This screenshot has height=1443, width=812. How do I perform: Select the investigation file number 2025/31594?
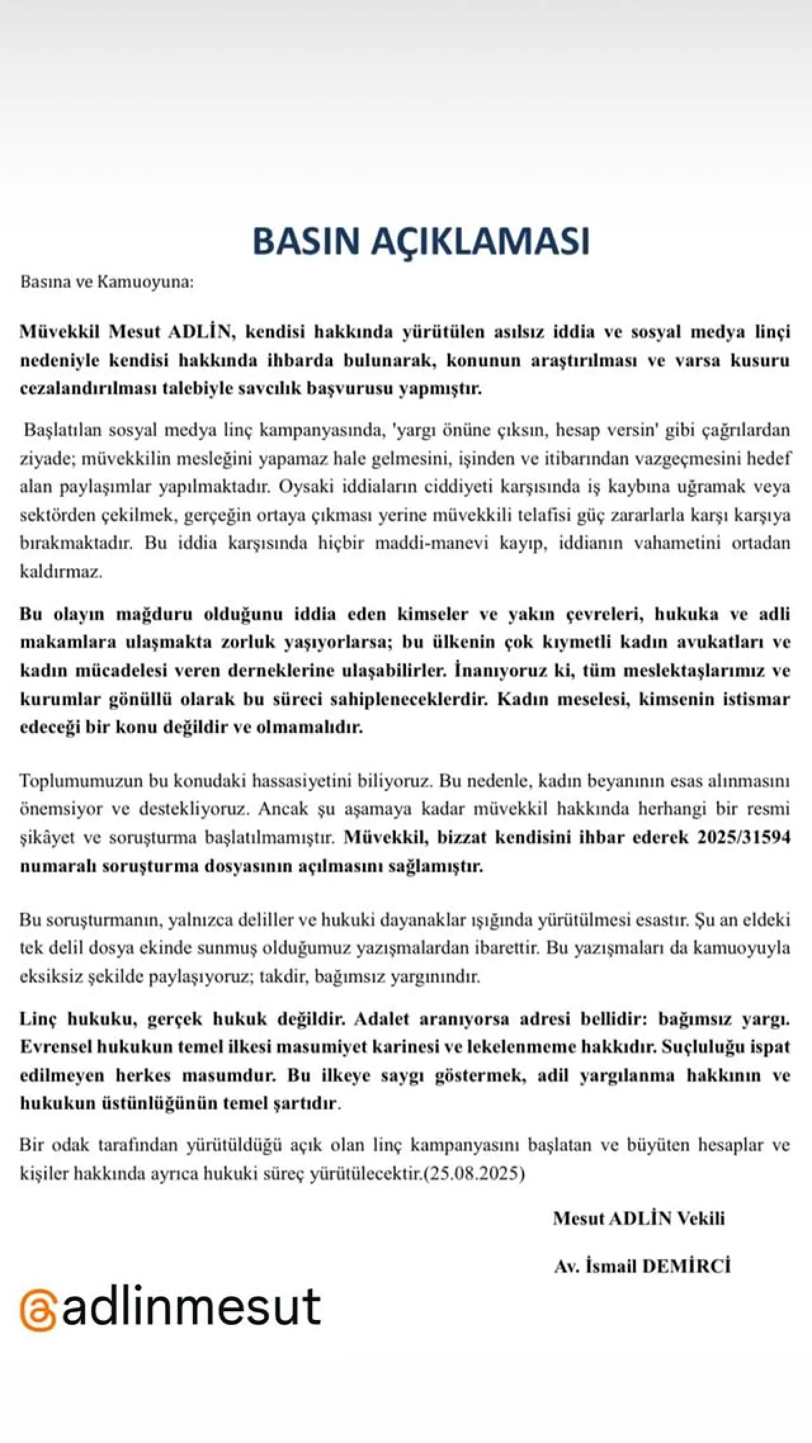(x=744, y=837)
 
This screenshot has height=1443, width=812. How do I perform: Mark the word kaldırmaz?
(x=60, y=572)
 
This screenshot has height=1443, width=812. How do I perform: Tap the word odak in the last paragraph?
(x=71, y=1145)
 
